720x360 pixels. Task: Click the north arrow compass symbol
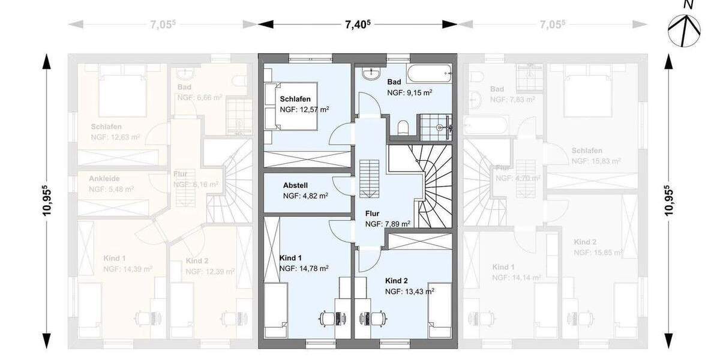point(685,29)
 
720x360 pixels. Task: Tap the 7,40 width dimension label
point(358,24)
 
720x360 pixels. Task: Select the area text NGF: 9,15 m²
point(410,93)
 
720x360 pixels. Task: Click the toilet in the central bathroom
point(403,127)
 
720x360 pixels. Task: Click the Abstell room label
point(295,185)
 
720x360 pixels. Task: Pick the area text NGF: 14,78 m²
point(304,268)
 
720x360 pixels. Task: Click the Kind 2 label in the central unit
point(397,281)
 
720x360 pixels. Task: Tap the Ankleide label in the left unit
point(105,178)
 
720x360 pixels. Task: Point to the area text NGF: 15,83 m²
point(595,161)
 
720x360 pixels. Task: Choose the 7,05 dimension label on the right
point(552,24)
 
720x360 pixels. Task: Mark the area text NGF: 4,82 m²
point(305,196)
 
